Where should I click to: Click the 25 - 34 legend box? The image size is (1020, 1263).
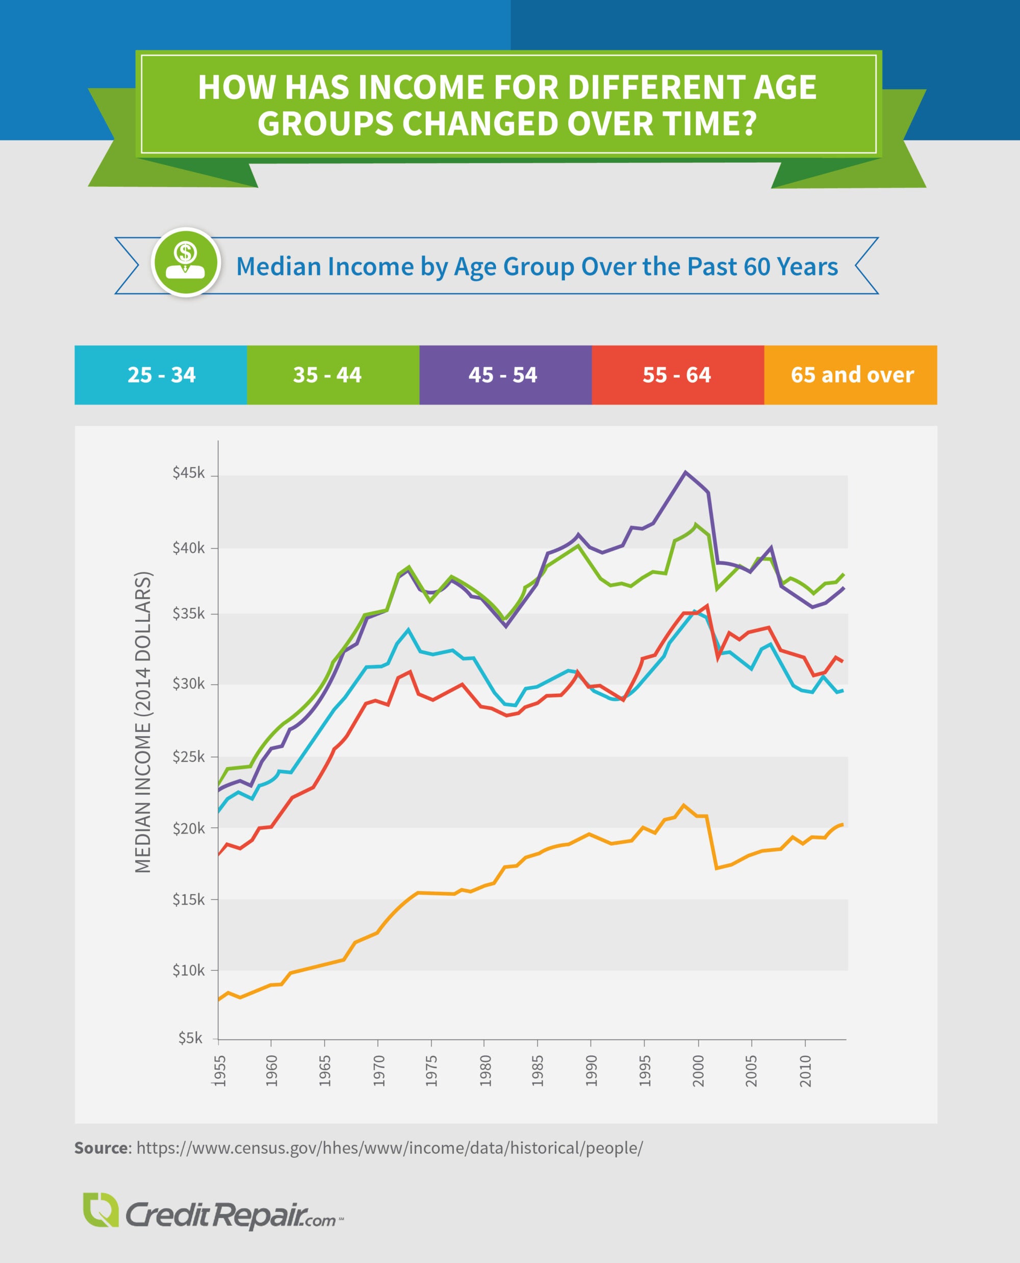(161, 375)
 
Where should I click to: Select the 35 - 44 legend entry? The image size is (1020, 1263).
(333, 375)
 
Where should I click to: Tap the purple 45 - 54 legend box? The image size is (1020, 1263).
(505, 375)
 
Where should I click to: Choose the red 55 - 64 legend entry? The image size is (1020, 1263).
(677, 375)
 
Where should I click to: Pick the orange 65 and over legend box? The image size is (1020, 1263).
(850, 375)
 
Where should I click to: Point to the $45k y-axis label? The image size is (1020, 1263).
(188, 473)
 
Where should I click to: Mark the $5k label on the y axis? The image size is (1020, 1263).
(190, 1038)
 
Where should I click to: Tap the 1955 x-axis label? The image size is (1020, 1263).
(219, 1070)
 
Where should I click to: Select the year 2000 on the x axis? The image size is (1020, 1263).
(698, 1070)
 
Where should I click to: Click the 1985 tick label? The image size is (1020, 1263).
(538, 1070)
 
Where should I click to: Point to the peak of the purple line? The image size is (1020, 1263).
(685, 472)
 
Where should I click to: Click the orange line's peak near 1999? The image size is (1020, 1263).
(683, 804)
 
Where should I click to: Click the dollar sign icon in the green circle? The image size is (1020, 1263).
(186, 254)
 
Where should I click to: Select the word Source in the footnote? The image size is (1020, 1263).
(101, 1148)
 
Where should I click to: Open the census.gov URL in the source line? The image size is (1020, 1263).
(389, 1148)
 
